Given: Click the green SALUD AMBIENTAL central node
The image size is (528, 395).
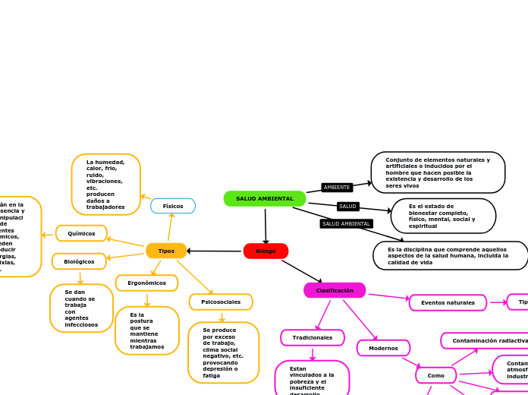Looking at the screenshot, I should tap(265, 198).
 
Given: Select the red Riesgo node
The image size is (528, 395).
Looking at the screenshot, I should tap(266, 251).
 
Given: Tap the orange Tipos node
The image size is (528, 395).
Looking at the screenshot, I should tap(166, 251).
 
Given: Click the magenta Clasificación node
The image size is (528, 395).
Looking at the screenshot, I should tap(335, 290).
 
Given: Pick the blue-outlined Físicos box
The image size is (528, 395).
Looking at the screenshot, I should tap(173, 206).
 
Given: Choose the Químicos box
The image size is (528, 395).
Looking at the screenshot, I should tap(81, 233).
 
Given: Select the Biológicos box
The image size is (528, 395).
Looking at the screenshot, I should tap(79, 261).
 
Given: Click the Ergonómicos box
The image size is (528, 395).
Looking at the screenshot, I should tap(146, 283).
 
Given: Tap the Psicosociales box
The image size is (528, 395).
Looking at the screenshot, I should tap(221, 302).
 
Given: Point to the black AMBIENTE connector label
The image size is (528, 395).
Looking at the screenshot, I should tap(337, 187).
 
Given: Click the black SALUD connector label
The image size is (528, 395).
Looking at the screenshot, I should tap(347, 207).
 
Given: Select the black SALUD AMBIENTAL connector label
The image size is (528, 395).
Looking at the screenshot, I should tap(346, 223).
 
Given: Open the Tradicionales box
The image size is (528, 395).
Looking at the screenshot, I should tap(313, 337).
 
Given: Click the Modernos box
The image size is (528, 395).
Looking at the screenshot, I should tap(383, 348).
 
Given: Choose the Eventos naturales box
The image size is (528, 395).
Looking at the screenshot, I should tap(448, 302).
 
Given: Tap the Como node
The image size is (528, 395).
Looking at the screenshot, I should tap(436, 375).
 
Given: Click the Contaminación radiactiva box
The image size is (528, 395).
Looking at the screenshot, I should tap(486, 341).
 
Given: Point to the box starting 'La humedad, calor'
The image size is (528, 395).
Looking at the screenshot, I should tap(105, 185).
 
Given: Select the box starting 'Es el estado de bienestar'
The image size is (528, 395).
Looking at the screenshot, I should tap(443, 216).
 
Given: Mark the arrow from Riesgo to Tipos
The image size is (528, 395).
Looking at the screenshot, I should tap(215, 251).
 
